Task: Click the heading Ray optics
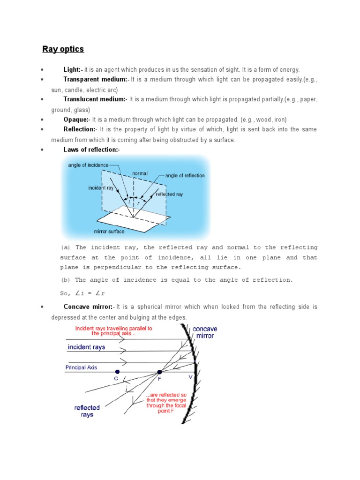point(63,49)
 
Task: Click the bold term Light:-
point(73,69)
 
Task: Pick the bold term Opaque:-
point(76,120)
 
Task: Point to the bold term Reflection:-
point(80,129)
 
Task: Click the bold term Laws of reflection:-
point(92,150)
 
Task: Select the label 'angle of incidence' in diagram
point(88,165)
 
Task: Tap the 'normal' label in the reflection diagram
point(140,173)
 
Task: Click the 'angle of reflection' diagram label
point(185,176)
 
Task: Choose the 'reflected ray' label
point(169,194)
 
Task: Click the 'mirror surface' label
point(109,231)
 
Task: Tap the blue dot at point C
point(117,372)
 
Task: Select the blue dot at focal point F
point(159,372)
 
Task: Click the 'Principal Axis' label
point(81,367)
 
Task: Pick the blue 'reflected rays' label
point(87,411)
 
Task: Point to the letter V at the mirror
point(190,377)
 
